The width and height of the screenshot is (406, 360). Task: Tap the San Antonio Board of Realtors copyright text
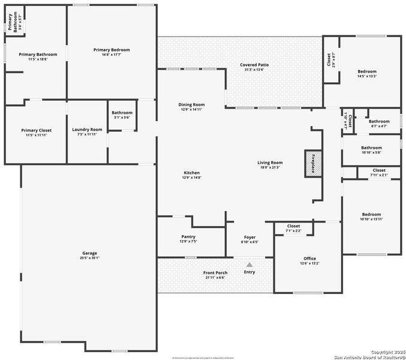click(x=366, y=355)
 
